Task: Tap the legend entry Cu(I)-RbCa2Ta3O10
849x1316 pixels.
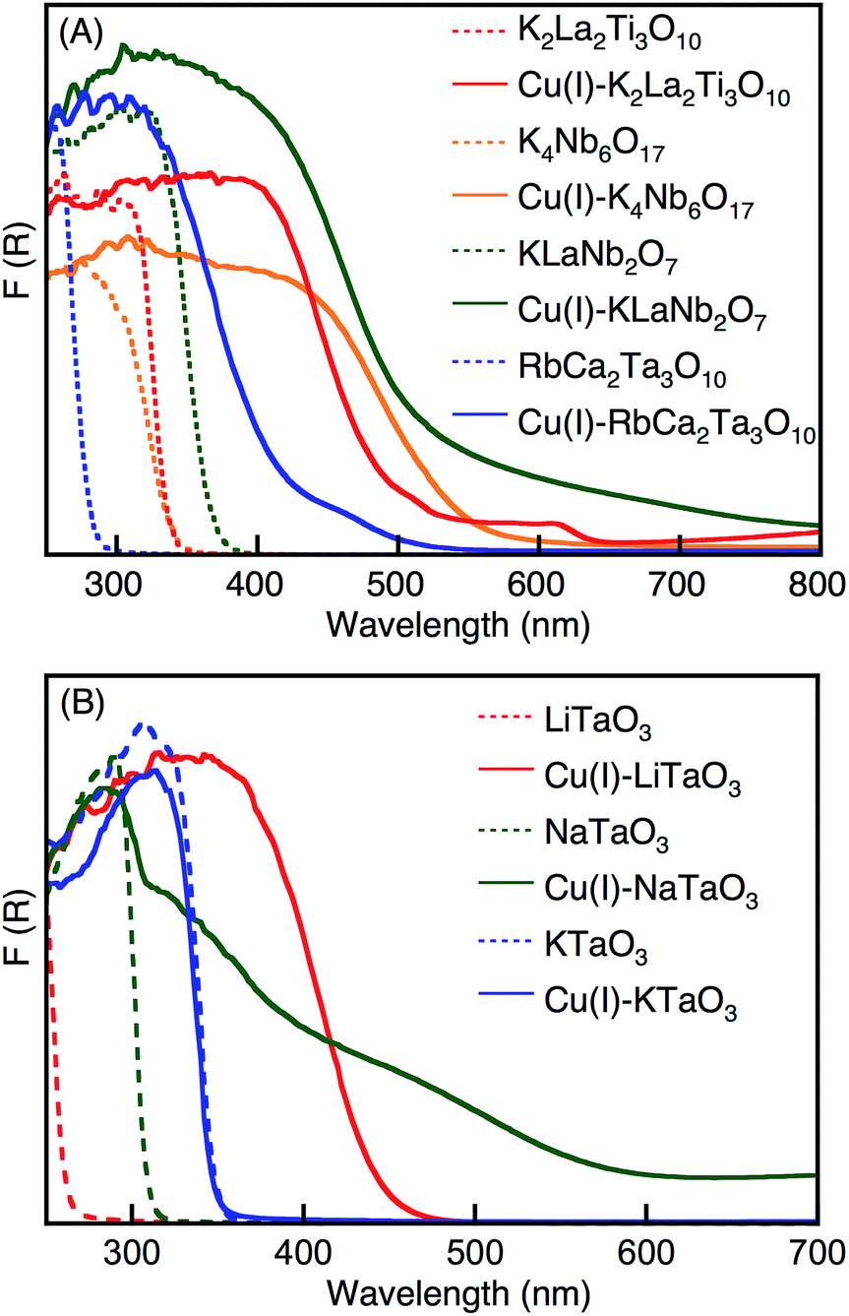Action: pos(669,426)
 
